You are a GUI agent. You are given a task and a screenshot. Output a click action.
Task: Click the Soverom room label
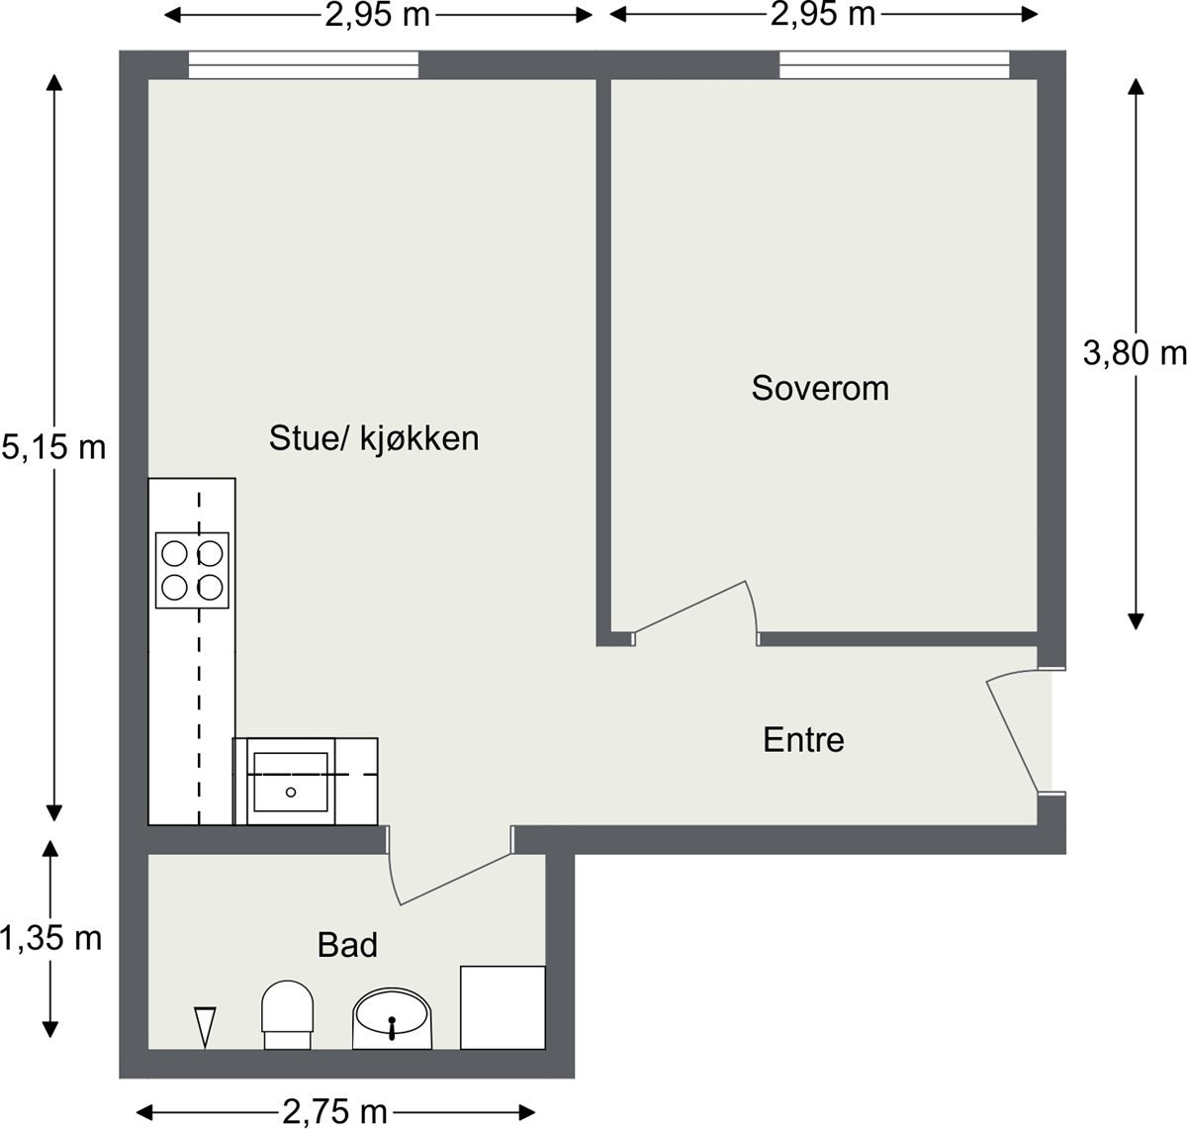coord(820,388)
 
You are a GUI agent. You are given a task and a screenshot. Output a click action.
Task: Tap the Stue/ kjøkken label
coord(374,438)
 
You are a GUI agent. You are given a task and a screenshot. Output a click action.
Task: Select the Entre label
coord(803,740)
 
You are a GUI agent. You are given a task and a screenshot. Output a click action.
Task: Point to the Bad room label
coord(347,945)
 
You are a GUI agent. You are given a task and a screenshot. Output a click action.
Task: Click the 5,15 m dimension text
coord(53,447)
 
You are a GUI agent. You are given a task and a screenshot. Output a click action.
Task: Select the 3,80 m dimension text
coord(1134,353)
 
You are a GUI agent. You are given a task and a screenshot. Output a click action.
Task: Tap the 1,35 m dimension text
coord(51,937)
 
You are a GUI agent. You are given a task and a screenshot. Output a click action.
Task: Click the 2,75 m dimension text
coord(334,1111)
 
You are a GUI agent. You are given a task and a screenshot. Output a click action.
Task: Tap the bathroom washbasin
coord(393,1018)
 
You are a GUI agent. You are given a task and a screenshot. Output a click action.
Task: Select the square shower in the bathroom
coord(502,1007)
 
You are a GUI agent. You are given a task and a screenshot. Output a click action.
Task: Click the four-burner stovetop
coord(192,570)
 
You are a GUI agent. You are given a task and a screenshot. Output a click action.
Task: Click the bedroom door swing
coord(697,609)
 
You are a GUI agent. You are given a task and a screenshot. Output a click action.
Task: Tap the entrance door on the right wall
coord(1017,732)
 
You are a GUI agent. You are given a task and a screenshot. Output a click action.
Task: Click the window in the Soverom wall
coord(894,65)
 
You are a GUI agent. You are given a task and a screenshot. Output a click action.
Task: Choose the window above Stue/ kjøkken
coord(304,65)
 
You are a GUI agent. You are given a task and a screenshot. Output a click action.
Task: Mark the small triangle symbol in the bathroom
coord(205,1026)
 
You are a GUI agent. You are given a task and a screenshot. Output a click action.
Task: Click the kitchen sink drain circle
coord(291,792)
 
